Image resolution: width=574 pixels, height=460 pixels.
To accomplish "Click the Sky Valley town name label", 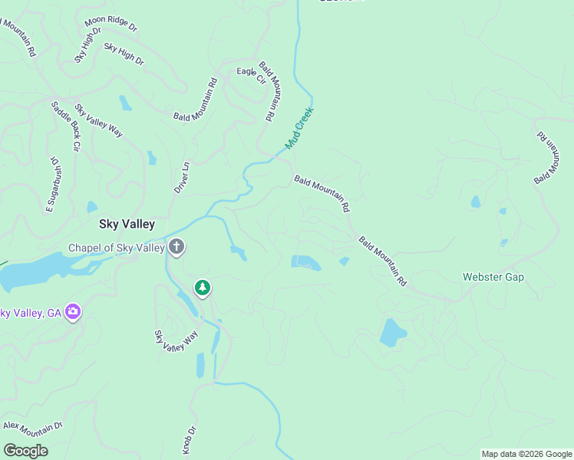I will coord(127,224).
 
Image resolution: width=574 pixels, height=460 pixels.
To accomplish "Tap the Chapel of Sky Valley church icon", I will coord(176,247).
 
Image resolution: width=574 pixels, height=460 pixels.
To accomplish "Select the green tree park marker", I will coord(203,288).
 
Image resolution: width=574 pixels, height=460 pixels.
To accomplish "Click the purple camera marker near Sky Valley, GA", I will coord(73,311).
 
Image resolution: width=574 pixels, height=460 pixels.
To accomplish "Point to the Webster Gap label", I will coord(493,277).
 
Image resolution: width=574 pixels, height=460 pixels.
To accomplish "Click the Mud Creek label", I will coord(300,127).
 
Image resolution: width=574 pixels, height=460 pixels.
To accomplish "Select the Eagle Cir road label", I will coord(251,75).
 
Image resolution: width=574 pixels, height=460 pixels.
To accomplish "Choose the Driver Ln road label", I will coord(182,177).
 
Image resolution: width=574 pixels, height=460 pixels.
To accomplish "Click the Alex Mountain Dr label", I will coord(32,426).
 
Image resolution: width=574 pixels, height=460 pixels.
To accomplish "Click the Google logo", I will coord(25,451).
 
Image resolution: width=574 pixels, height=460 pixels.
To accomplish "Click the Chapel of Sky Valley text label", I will coord(117,248).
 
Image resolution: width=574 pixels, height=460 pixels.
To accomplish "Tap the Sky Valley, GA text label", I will coord(31,313).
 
